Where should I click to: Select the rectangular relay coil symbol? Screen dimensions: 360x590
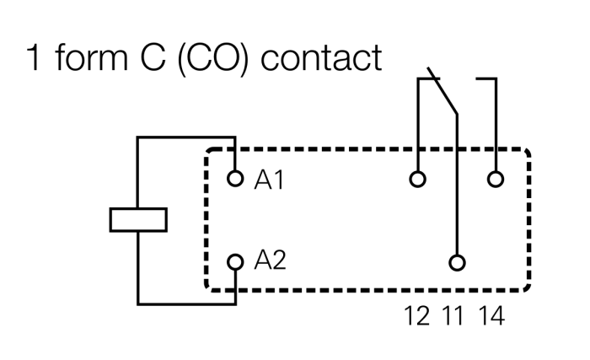pos(139,219)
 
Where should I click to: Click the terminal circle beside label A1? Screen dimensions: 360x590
pos(235,179)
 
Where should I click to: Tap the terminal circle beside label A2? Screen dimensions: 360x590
pos(235,261)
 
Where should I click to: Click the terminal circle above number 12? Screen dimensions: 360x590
pos(416,179)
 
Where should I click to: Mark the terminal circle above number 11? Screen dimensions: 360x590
pos(457,262)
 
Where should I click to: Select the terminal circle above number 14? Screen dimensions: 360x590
pos(496,179)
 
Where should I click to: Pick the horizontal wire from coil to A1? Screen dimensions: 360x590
pos(185,137)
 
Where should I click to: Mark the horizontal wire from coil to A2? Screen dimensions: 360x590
pos(185,304)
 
